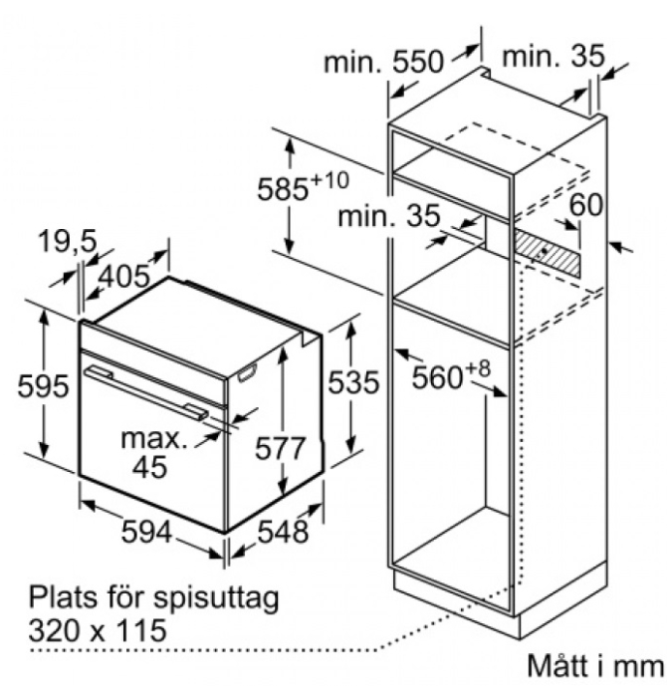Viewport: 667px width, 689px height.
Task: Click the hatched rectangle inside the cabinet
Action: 547,253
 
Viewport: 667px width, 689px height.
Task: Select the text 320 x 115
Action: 98,631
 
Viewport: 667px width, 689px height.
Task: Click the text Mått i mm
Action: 593,664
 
